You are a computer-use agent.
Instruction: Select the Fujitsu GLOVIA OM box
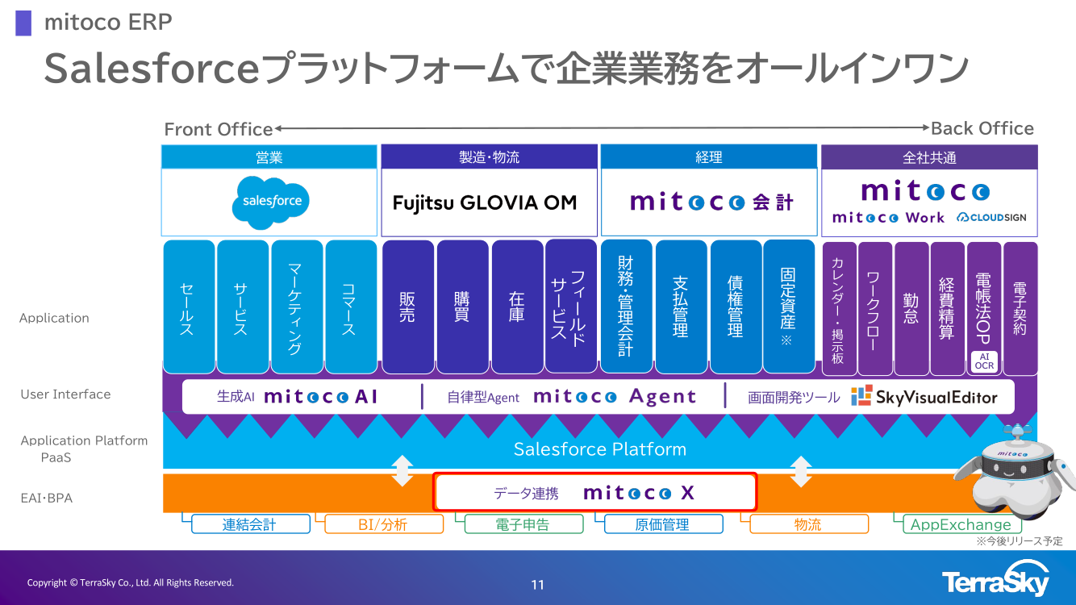coord(489,202)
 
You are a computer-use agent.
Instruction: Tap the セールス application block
coord(189,307)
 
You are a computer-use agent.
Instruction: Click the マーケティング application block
coord(297,307)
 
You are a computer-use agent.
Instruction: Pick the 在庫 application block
coord(517,307)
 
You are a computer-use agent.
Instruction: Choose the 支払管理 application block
coord(681,307)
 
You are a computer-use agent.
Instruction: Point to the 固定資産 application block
coord(788,307)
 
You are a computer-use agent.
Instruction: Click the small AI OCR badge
coord(984,361)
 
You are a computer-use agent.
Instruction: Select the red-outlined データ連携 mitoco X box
coord(595,492)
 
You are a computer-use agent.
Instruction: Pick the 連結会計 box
coord(250,524)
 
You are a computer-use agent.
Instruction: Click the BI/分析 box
coord(384,524)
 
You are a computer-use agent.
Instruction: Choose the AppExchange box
coord(960,524)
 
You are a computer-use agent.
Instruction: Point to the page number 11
coord(538,585)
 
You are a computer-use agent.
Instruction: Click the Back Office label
coord(982,128)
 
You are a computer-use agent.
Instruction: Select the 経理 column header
coord(708,157)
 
